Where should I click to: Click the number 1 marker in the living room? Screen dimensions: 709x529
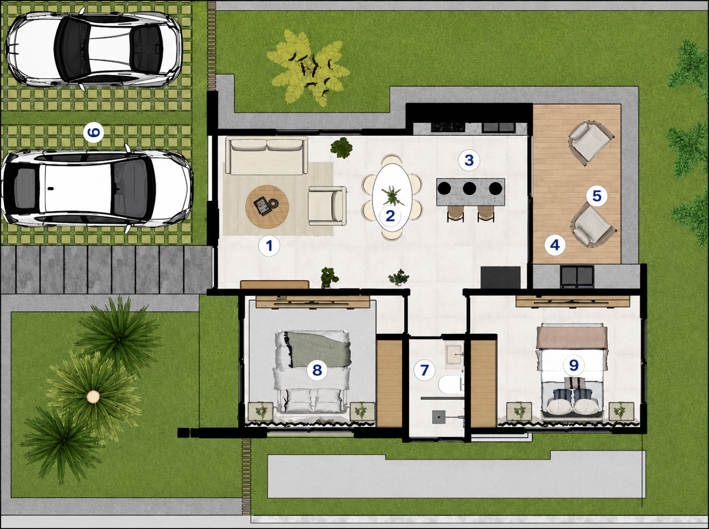(269, 246)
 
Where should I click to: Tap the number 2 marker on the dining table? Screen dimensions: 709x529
(390, 216)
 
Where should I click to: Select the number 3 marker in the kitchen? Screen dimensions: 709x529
(469, 160)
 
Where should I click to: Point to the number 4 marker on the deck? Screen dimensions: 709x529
(555, 245)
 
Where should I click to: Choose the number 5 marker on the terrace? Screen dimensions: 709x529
(597, 196)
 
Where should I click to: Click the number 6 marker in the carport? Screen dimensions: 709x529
(94, 132)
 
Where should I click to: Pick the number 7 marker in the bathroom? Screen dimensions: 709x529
(424, 370)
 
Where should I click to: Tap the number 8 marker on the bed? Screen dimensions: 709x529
(317, 370)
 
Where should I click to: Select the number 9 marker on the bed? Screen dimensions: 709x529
(574, 365)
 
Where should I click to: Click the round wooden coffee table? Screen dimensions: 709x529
(267, 207)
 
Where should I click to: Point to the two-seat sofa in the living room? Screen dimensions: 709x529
(267, 155)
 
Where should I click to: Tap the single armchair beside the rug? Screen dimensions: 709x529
(327, 206)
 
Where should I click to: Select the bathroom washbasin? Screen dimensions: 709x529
(455, 356)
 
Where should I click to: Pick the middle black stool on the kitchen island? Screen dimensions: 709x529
(469, 188)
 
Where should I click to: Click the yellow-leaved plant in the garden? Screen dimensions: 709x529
(308, 68)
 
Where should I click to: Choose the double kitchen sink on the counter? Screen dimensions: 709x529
(498, 127)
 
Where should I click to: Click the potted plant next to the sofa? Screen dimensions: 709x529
(341, 148)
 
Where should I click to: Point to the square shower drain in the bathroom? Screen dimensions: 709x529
(439, 417)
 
